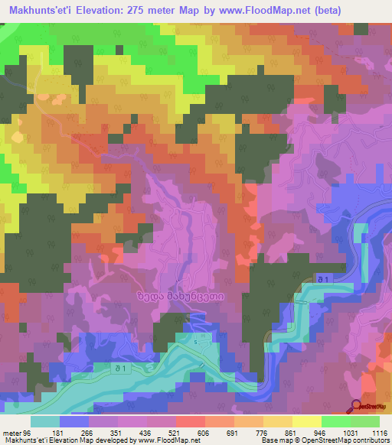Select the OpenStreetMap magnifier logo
click(x=357, y=407)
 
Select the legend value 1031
click(x=349, y=432)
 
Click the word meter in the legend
click(x=11, y=432)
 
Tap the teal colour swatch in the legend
click(x=46, y=421)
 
